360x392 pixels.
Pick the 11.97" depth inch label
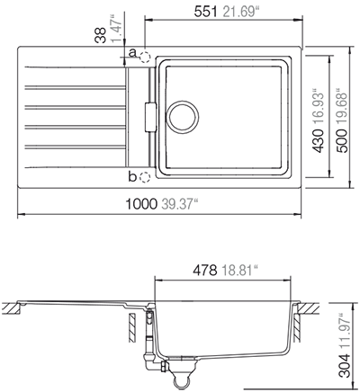[x=344, y=328]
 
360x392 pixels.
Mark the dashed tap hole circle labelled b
[x=144, y=175]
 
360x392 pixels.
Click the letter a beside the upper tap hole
[x=132, y=54]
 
